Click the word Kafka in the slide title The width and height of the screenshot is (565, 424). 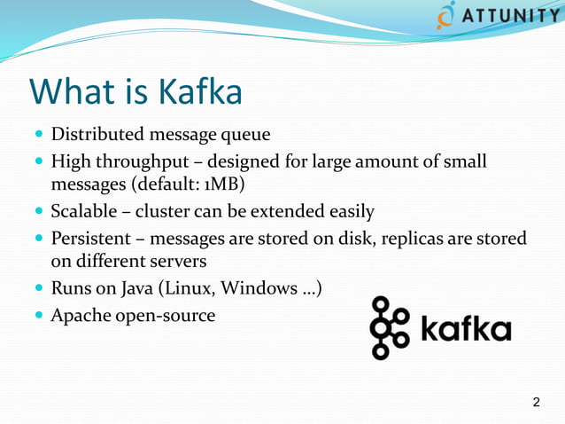[x=200, y=92]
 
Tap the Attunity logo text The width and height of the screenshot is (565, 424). [x=510, y=17]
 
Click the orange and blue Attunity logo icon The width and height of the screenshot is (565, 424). [x=446, y=16]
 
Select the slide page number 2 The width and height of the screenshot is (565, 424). [x=536, y=404]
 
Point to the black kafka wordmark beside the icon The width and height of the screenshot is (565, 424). [x=465, y=330]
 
